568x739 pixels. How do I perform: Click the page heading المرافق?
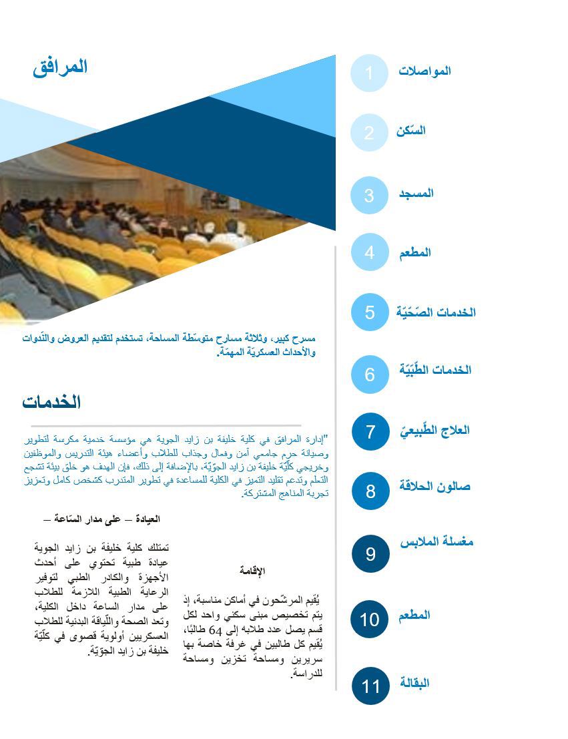pos(60,67)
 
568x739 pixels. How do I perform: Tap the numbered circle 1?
pos(369,73)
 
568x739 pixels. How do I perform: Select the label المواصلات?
pos(424,71)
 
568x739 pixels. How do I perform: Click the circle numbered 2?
pos(369,132)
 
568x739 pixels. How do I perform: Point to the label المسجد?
pos(416,194)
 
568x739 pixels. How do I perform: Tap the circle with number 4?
pos(370,252)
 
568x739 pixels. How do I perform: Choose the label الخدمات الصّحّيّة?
pos(436,312)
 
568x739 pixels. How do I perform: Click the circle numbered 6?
pos(370,374)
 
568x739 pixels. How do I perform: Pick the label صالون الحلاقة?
pos(435,486)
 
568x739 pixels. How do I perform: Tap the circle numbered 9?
pos(370,553)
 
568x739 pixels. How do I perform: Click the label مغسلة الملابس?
pos(437,542)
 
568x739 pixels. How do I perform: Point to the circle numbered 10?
pos(370,619)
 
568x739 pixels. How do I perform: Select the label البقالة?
pos(414,683)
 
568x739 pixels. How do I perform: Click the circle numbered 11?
pos(370,686)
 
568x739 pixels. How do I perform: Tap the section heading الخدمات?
pos(51,402)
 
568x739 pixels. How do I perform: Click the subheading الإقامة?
pos(252,571)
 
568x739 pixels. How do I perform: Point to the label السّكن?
pos(410,131)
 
